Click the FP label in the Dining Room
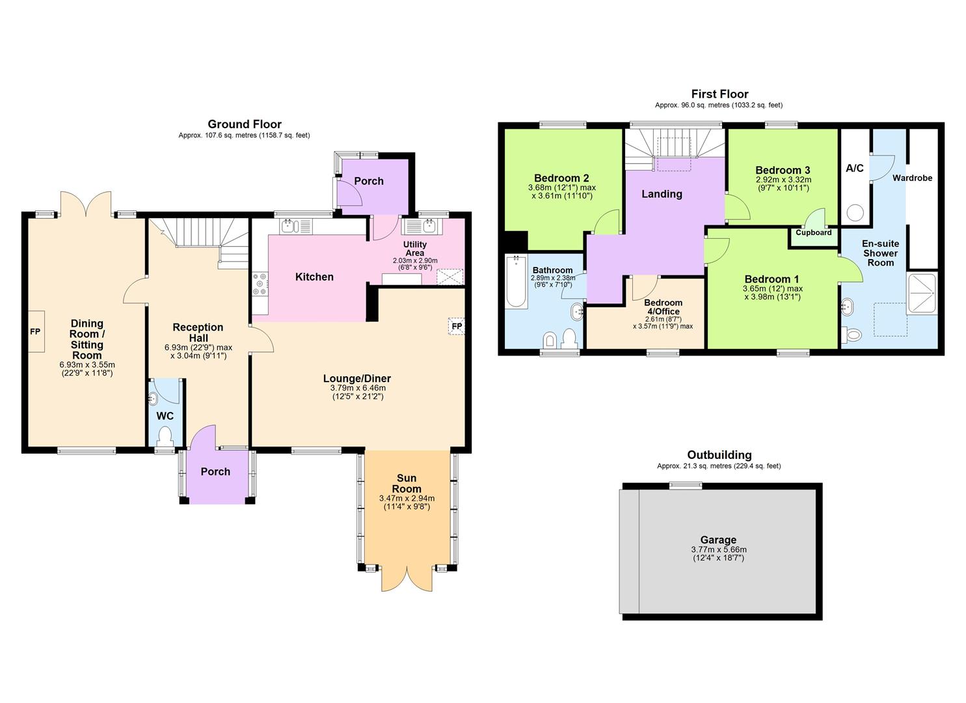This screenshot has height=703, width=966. (x=35, y=332)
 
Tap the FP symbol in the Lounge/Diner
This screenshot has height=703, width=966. (x=457, y=326)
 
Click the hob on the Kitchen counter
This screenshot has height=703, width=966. (x=260, y=284)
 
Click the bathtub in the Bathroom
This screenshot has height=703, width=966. (x=516, y=282)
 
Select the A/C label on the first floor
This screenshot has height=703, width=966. (x=854, y=169)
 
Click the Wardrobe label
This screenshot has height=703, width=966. (x=912, y=178)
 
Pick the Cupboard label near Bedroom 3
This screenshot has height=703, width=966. (x=813, y=232)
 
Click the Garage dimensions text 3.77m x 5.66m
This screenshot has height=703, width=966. (x=718, y=549)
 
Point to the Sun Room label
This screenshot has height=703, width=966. (x=407, y=484)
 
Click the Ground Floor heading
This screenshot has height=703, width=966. (x=245, y=124)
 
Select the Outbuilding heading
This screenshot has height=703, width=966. (x=719, y=455)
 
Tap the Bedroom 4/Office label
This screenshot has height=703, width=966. (x=663, y=307)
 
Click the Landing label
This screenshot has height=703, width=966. (x=662, y=194)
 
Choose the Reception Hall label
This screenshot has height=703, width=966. (x=198, y=333)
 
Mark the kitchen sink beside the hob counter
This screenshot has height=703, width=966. (x=289, y=227)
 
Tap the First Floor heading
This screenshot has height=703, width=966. (x=719, y=94)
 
